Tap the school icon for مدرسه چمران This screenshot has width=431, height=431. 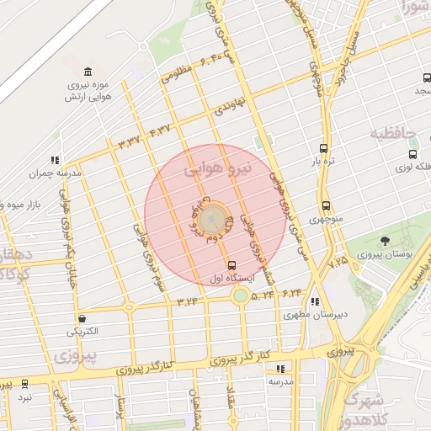(x=55, y=159)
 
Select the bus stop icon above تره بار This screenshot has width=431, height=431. (x=324, y=147)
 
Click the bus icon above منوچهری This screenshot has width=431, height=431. (x=325, y=205)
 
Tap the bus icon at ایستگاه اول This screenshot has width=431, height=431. (x=231, y=265)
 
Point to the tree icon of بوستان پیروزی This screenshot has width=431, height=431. (x=385, y=241)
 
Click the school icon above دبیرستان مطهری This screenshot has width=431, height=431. (x=315, y=302)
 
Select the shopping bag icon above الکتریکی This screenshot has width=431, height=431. (x=82, y=318)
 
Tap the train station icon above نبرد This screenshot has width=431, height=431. (x=25, y=383)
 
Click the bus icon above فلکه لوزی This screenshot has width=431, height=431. (x=412, y=154)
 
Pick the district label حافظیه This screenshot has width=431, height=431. (x=392, y=133)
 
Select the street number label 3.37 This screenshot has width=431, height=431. (x=130, y=141)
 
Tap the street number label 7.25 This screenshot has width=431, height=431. (x=338, y=263)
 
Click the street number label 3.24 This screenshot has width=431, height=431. (x=187, y=301)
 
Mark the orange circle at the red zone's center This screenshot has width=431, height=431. (x=215, y=221)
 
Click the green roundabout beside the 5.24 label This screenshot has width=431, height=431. (x=241, y=295)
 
